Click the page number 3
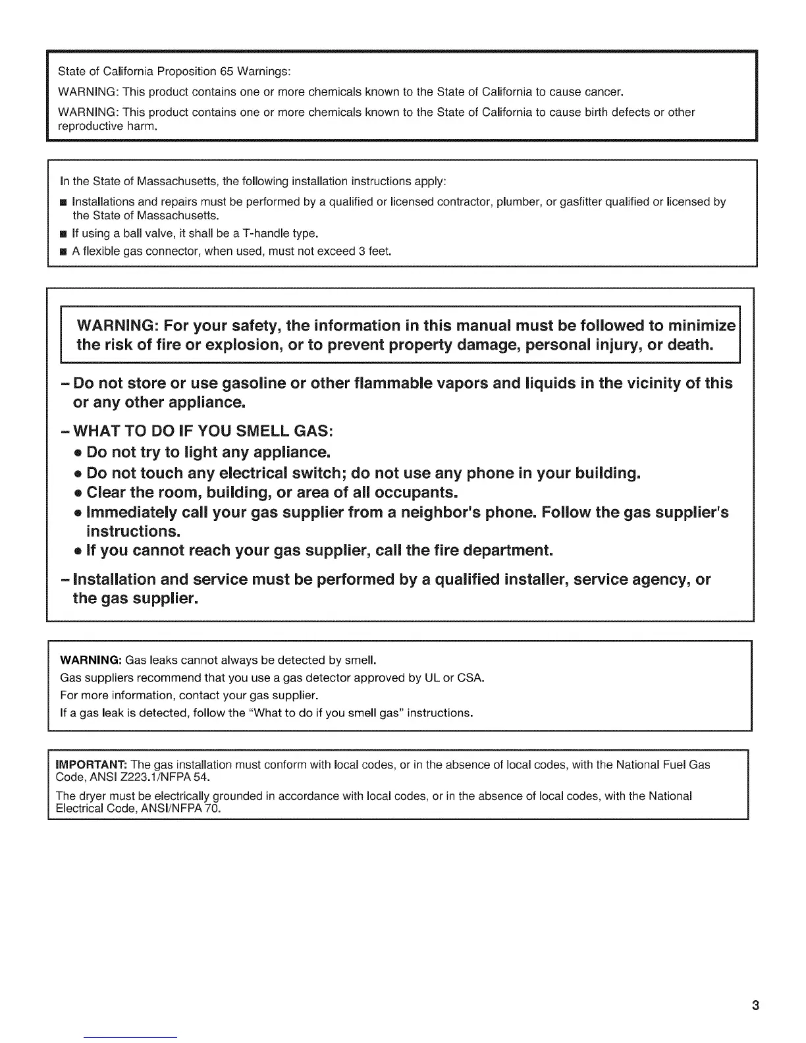click(755, 1005)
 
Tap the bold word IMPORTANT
click(92, 764)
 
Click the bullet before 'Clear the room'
click(78, 493)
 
